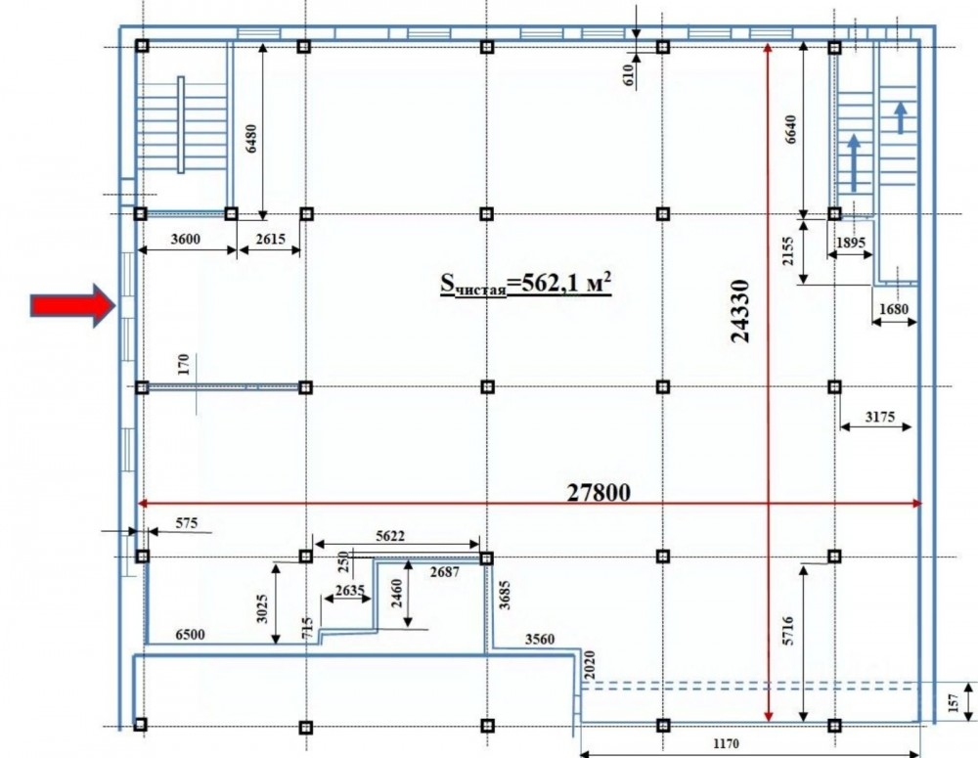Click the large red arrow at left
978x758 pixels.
[x=73, y=306]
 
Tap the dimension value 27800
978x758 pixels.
[x=599, y=492]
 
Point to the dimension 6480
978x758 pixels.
[x=250, y=139]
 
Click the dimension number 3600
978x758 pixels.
[x=186, y=239]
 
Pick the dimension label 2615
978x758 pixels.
[x=270, y=239]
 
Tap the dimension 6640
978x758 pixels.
[x=790, y=129]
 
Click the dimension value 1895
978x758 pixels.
[x=850, y=242]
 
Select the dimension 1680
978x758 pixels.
[x=894, y=309]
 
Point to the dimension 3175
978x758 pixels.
[x=880, y=416]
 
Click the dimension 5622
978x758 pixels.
[x=390, y=535]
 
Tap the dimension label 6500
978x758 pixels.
[x=190, y=635]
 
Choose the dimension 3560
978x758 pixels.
[x=540, y=639]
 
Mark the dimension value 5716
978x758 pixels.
[x=788, y=630]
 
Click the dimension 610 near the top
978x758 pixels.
[x=628, y=75]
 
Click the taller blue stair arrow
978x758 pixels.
[x=853, y=162]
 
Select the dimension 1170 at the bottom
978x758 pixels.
[x=726, y=743]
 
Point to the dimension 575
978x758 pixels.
[x=187, y=523]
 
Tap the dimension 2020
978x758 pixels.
[x=590, y=665]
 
